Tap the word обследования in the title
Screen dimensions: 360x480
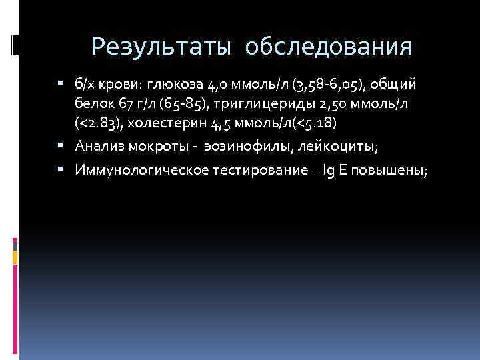click(327, 47)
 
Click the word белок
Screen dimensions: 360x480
click(96, 105)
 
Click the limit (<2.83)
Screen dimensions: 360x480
click(99, 124)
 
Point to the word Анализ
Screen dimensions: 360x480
click(99, 146)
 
